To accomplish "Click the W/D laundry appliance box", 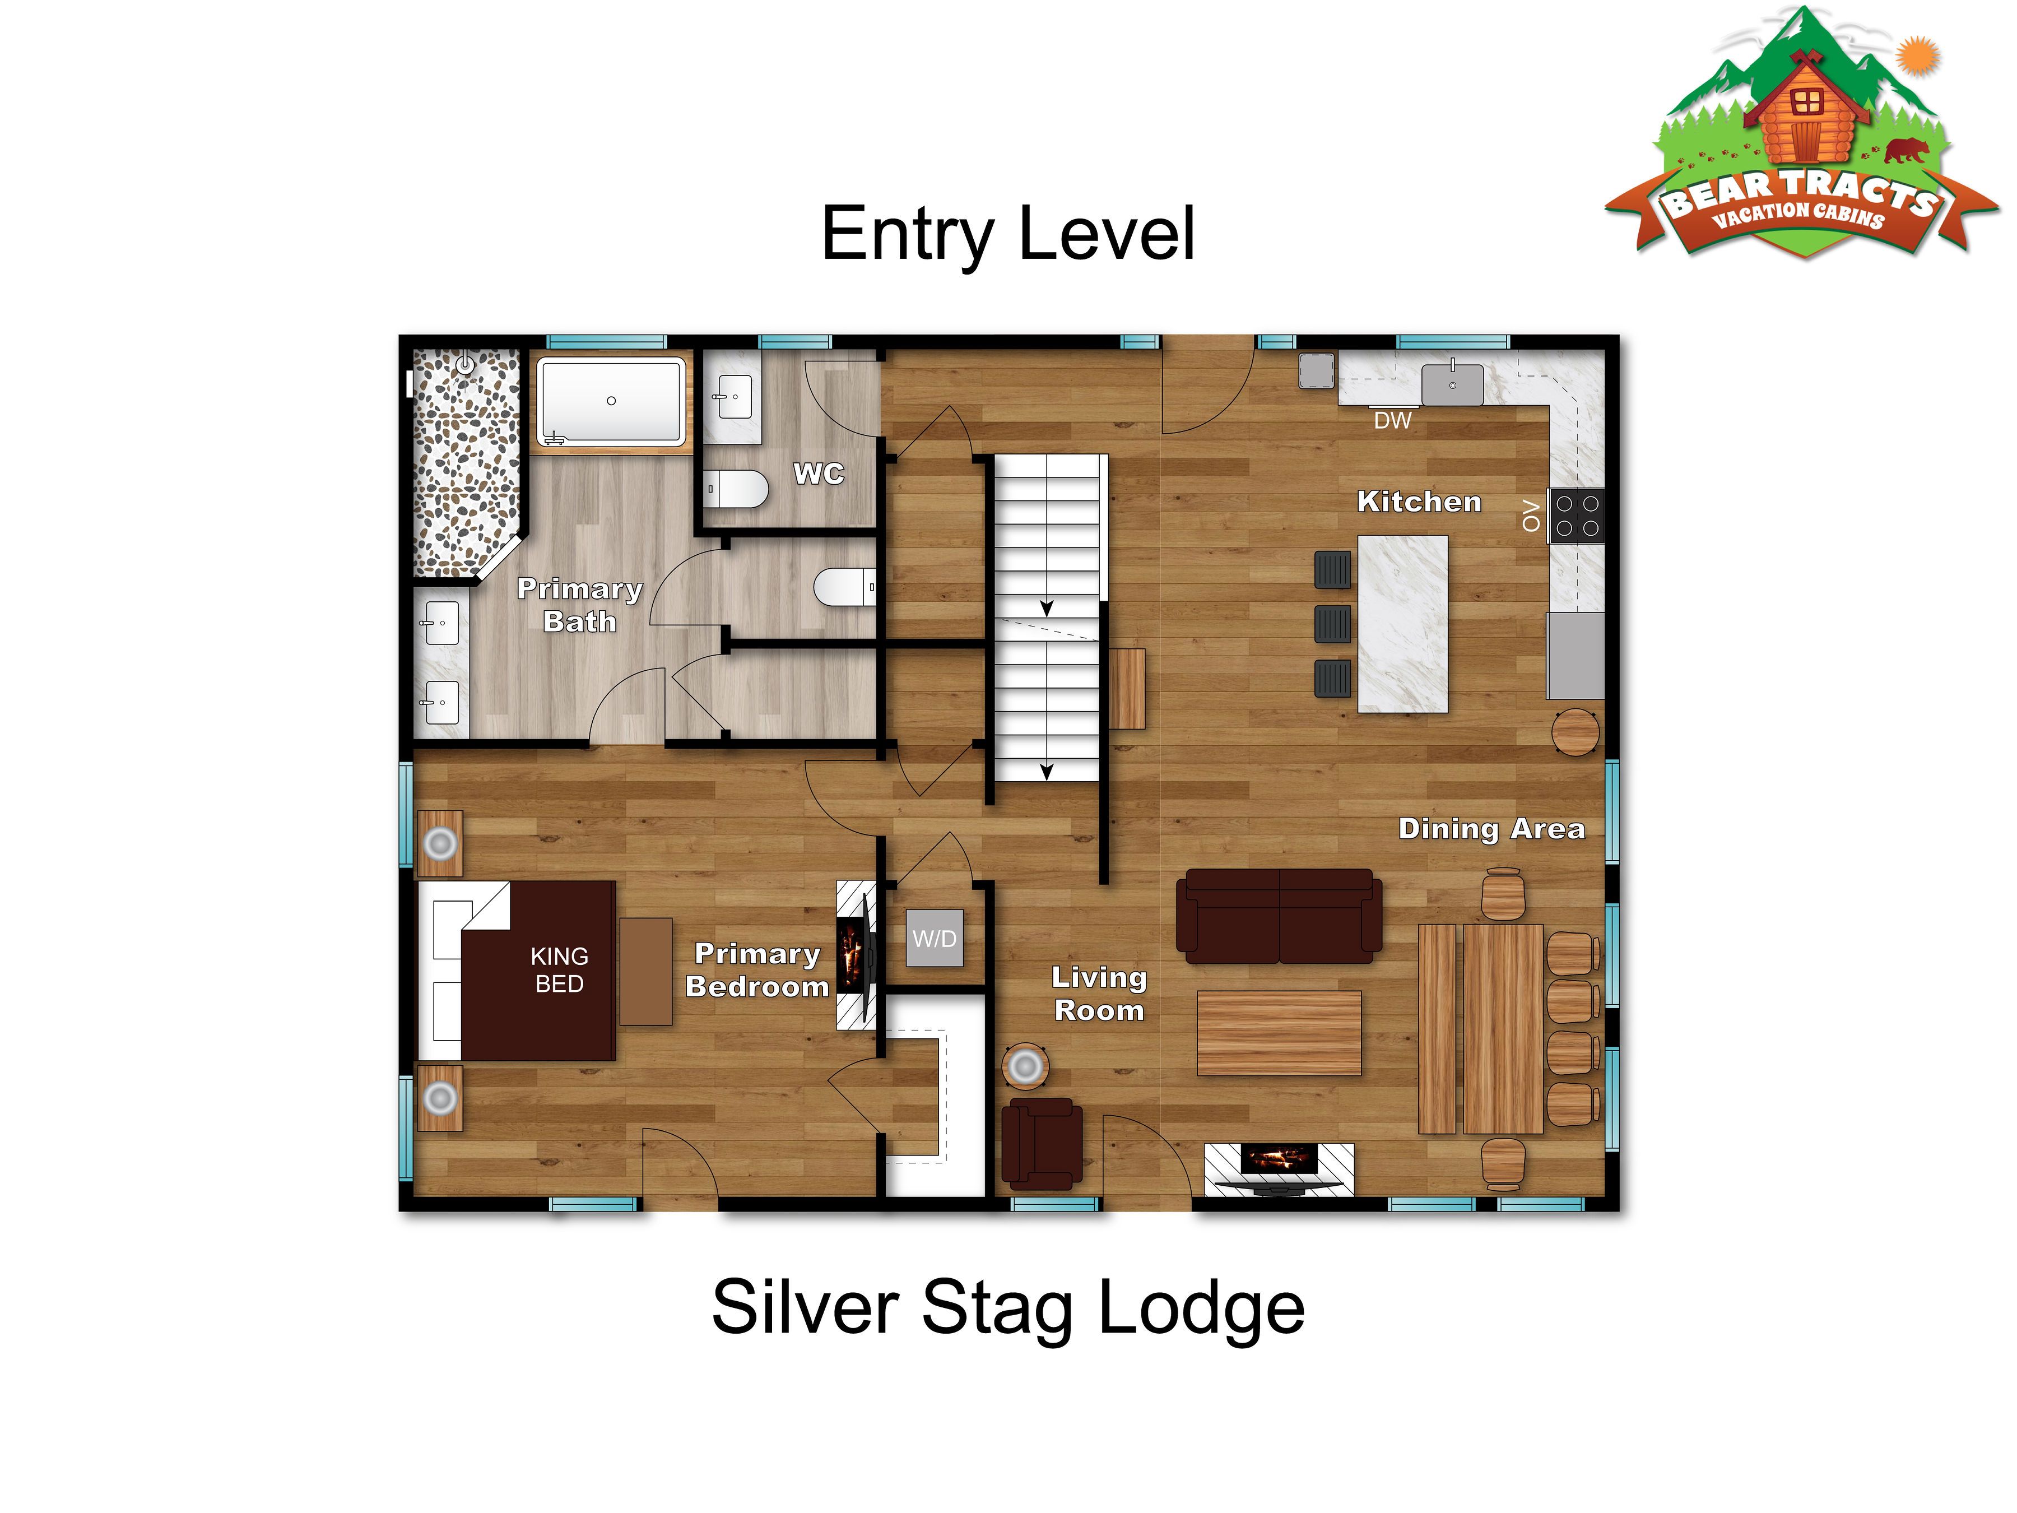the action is coord(935,939).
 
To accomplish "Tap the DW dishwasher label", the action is coord(1392,420).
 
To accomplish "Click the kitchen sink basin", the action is coord(1453,384).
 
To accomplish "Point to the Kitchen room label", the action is coord(1419,502).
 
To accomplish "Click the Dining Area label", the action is coord(1492,829).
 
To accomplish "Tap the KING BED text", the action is coord(559,969).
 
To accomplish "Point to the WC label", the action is coord(819,474).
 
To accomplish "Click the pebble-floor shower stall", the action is coord(466,462).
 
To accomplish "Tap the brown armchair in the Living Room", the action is coord(1042,1144).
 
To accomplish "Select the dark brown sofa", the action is coord(1279,916).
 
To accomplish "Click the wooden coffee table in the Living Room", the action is coord(1279,1033).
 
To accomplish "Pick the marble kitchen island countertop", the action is coord(1402,624).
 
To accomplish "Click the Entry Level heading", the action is coord(1007,234).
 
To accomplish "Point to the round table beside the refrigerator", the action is coord(1576,731).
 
